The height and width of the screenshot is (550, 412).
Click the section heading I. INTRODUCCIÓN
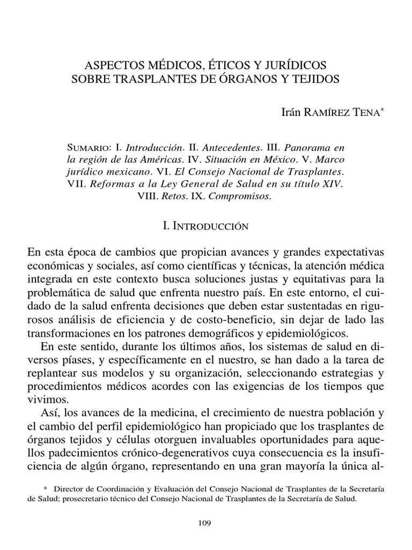206,227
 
